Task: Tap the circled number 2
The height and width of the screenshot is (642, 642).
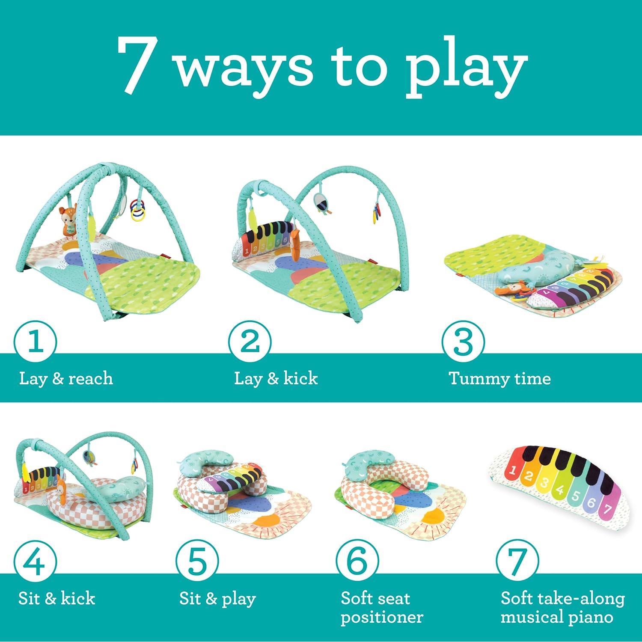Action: pos(250,343)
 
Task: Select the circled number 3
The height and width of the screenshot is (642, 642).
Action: pos(463,343)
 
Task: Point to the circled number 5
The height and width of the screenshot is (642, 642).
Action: pos(197,562)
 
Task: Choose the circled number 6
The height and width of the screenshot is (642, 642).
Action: pos(357,562)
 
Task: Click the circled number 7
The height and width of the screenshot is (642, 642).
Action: pos(517,562)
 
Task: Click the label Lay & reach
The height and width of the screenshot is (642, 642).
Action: pos(66,379)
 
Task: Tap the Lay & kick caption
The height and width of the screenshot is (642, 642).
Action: pos(276,379)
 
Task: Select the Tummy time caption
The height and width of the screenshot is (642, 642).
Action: pos(499,379)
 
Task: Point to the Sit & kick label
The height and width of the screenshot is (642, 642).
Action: pos(56,598)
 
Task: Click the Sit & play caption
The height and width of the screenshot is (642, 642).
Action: pos(217,598)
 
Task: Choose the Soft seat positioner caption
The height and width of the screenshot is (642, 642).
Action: pos(381,608)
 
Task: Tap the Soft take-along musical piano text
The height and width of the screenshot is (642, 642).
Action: pos(562,608)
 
